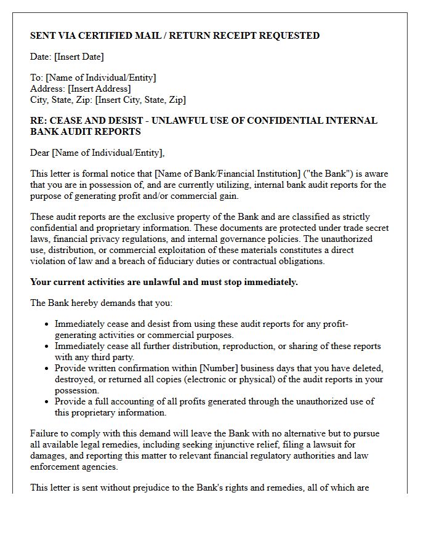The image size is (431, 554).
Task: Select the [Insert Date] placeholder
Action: point(79,57)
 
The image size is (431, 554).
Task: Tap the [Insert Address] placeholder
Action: point(99,89)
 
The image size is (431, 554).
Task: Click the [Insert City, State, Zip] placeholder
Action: point(140,100)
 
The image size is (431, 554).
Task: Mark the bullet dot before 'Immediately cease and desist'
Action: point(47,324)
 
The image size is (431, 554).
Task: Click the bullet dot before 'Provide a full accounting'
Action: point(47,401)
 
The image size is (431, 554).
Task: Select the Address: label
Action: point(48,89)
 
